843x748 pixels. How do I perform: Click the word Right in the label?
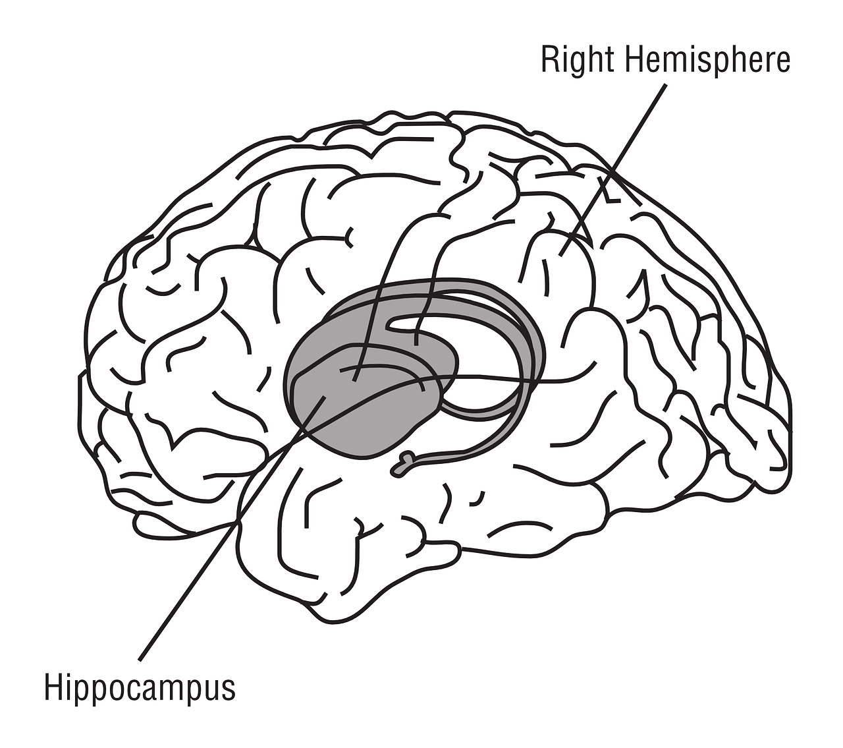(578, 60)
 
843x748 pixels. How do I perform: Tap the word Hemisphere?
(707, 60)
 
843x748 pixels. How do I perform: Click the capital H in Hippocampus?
(53, 687)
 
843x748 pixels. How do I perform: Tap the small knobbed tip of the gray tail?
(400, 467)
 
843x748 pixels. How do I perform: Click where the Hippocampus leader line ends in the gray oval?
(325, 397)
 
